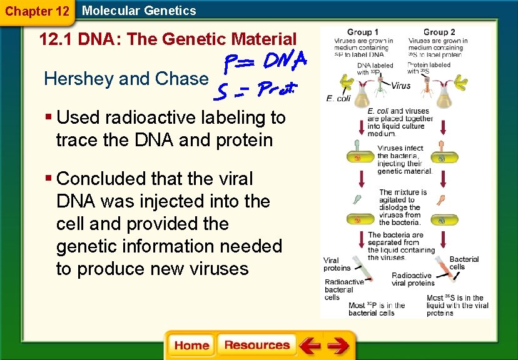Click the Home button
(191, 345)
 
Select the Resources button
(256, 345)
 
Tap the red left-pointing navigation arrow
(309, 345)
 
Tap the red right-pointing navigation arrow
(338, 345)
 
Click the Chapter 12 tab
(37, 11)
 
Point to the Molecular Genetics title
(139, 11)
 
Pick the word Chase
(185, 79)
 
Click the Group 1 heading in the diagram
(359, 32)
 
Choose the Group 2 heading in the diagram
(439, 32)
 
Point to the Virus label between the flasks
(401, 86)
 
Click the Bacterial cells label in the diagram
(464, 262)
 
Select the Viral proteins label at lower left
(337, 264)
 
